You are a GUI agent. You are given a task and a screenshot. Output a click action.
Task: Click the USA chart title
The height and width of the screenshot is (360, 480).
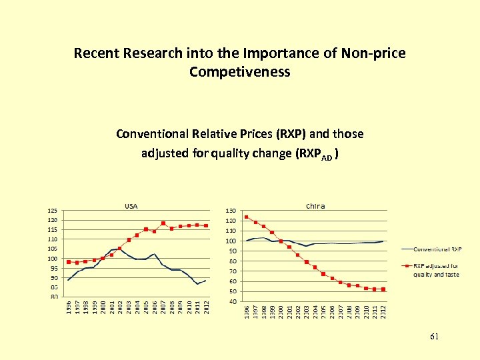point(131,206)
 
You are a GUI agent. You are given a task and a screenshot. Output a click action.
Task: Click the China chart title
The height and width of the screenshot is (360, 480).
point(315,206)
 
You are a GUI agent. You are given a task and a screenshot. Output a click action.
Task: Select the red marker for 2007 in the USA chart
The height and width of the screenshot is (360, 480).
point(163,223)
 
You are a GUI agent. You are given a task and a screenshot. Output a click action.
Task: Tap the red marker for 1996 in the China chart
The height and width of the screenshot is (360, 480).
point(246,217)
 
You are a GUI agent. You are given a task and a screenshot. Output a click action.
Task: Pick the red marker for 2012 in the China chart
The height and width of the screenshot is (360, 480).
point(383,289)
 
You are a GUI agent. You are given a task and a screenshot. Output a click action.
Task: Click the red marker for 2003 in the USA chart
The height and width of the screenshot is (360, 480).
point(129,240)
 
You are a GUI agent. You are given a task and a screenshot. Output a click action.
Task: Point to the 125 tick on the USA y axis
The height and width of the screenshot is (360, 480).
point(52,211)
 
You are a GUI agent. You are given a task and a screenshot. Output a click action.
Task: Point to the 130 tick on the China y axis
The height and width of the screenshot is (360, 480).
point(231,211)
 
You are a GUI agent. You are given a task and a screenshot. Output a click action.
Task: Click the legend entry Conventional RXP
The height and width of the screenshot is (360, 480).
point(437,249)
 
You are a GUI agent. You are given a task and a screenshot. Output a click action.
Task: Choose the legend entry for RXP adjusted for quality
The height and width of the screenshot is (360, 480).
point(437,270)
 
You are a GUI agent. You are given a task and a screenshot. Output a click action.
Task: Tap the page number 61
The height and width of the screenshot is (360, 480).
point(434,337)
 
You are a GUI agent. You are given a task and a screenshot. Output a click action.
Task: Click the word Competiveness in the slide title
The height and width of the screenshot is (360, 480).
point(239,71)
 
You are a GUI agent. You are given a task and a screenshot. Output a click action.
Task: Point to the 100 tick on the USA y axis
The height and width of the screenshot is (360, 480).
point(52,259)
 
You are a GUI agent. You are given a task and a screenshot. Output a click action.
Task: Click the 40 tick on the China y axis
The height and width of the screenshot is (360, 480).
point(233,301)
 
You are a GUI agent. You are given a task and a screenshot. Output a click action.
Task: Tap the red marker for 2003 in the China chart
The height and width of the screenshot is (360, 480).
point(307,262)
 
